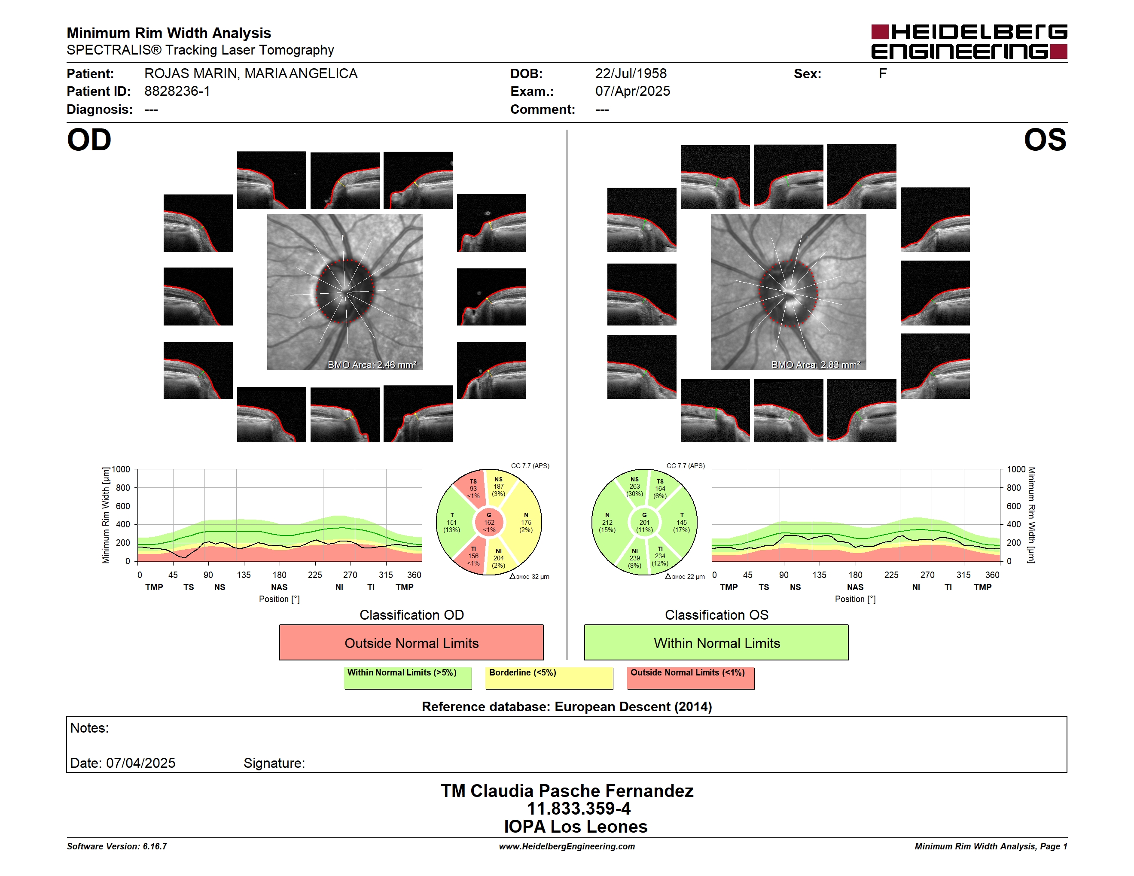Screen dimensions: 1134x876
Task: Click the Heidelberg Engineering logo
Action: [969, 42]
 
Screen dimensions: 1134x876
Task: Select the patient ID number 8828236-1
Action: [177, 91]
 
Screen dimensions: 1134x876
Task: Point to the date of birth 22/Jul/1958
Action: [631, 74]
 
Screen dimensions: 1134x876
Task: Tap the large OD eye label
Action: [89, 140]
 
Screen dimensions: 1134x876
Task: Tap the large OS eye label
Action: [1045, 140]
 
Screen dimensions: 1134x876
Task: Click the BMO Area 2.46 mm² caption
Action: [372, 365]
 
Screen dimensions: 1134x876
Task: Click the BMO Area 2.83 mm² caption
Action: [816, 365]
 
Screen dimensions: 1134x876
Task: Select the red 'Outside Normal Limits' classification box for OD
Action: [411, 642]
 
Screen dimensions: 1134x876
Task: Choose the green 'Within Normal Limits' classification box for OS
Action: [716, 642]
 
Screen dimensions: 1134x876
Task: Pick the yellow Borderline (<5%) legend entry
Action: [549, 678]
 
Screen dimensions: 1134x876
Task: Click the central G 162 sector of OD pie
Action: [489, 523]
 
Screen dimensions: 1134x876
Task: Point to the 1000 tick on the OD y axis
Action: [121, 470]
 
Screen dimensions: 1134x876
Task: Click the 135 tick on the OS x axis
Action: [819, 575]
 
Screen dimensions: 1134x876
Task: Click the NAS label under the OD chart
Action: [279, 587]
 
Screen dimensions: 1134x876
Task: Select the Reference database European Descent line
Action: [567, 707]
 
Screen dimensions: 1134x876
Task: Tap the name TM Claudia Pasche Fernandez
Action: [567, 791]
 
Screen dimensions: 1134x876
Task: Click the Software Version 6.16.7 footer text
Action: [117, 846]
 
